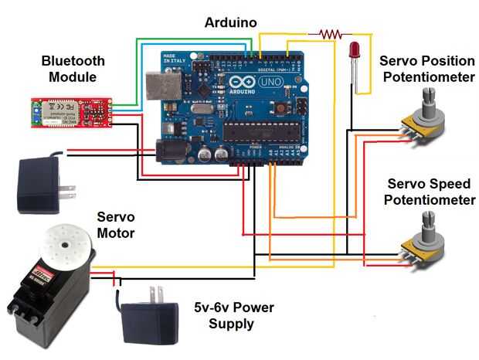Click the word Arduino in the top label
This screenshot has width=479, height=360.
pyautogui.click(x=232, y=22)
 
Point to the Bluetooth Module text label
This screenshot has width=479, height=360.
pyautogui.click(x=73, y=68)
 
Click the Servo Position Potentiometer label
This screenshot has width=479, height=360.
pyautogui.click(x=428, y=69)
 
